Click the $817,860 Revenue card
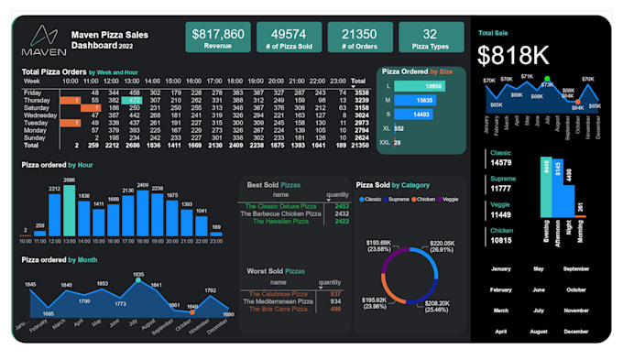pos(218,38)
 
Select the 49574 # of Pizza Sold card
pos(289,38)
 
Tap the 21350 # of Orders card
pos(359,38)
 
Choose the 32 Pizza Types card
pos(430,38)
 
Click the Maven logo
pos(43,41)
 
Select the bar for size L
pos(419,85)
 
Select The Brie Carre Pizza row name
pos(279,309)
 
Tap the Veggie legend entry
pos(448,198)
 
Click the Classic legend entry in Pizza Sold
pos(372,198)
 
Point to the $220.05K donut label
pos(442,246)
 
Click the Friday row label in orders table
pos(32,93)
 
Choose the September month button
pos(576,269)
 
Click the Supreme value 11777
pos(501,189)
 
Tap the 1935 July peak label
pos(137,275)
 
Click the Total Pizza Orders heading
pos(55,71)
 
